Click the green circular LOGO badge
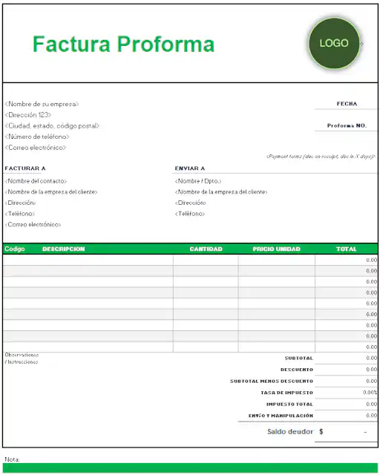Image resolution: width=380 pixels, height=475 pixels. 333,43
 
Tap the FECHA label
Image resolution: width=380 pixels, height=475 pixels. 347,104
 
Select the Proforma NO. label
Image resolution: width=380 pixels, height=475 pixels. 347,125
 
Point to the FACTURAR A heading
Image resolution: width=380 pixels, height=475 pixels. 25,168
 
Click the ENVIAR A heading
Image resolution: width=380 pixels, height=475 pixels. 190,168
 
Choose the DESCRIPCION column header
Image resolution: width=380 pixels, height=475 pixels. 64,249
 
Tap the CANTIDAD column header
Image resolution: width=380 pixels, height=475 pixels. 206,249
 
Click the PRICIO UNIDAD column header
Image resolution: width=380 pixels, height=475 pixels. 276,249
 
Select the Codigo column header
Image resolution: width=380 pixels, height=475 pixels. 15,249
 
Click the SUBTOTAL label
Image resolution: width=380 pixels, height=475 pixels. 299,358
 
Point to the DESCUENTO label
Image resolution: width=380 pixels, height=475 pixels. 297,370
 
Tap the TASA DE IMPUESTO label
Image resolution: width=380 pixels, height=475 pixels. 286,393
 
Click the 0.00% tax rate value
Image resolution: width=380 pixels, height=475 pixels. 370,393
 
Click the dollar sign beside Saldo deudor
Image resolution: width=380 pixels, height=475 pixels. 321,431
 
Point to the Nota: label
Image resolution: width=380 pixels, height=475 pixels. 12,459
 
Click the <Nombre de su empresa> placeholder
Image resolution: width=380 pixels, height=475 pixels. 42,104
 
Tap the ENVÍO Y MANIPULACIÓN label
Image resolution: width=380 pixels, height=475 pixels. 281,416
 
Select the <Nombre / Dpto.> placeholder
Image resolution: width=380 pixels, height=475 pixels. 198,181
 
